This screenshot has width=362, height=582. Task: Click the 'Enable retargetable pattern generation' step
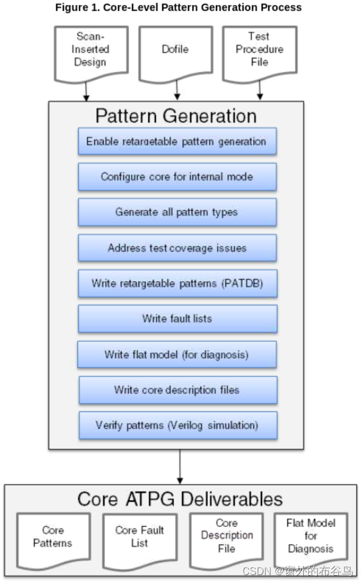(x=177, y=141)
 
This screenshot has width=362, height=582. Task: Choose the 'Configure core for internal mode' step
(x=177, y=177)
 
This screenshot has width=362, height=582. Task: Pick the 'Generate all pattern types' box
(x=177, y=212)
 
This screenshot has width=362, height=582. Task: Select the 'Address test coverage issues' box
(x=177, y=248)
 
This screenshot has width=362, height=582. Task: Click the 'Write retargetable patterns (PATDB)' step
(x=177, y=284)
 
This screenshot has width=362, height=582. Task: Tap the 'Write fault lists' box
(x=177, y=319)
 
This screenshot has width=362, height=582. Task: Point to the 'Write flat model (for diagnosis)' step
(x=177, y=354)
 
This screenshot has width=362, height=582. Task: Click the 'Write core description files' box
(x=177, y=390)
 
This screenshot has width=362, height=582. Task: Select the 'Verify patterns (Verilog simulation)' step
(x=177, y=426)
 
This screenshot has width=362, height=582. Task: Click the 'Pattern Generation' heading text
(x=176, y=115)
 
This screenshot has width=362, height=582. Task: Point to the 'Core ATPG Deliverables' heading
(x=180, y=498)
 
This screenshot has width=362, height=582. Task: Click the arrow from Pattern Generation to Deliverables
(x=180, y=466)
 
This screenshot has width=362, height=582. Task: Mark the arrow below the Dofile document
(x=175, y=91)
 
